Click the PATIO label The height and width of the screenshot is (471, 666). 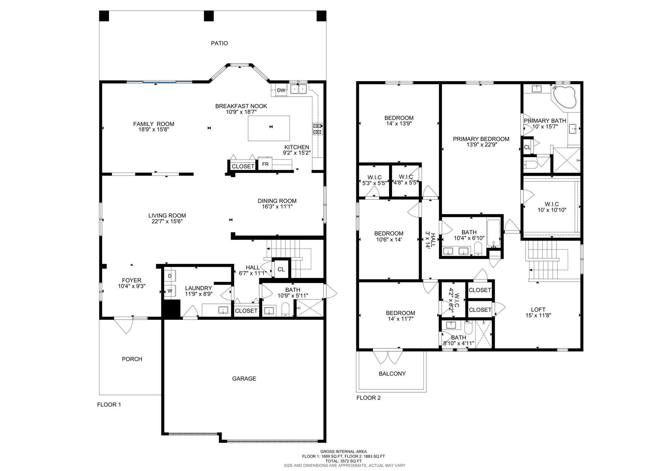[x=219, y=43]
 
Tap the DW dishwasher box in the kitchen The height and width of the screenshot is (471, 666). [x=281, y=90]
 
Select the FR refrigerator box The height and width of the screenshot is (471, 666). [x=265, y=164]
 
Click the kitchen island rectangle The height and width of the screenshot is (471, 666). [x=269, y=128]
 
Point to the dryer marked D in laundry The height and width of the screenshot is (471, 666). [x=170, y=276]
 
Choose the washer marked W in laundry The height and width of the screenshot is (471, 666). [x=170, y=290]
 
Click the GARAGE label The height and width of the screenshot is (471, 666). [x=244, y=379]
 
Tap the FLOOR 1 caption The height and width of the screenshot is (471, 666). [x=109, y=405]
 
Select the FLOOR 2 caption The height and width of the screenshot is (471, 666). [x=368, y=398]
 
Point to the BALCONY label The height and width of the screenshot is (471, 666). [x=392, y=374]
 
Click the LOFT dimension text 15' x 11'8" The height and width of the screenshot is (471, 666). [x=538, y=315]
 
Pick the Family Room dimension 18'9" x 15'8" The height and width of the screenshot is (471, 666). [x=154, y=130]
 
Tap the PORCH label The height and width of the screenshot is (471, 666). [x=132, y=359]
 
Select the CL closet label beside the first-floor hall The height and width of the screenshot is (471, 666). [x=281, y=270]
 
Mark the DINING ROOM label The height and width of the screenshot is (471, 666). [x=277, y=201]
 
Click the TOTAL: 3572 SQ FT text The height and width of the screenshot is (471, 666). [x=343, y=461]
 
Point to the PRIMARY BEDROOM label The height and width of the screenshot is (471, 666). [x=481, y=139]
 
